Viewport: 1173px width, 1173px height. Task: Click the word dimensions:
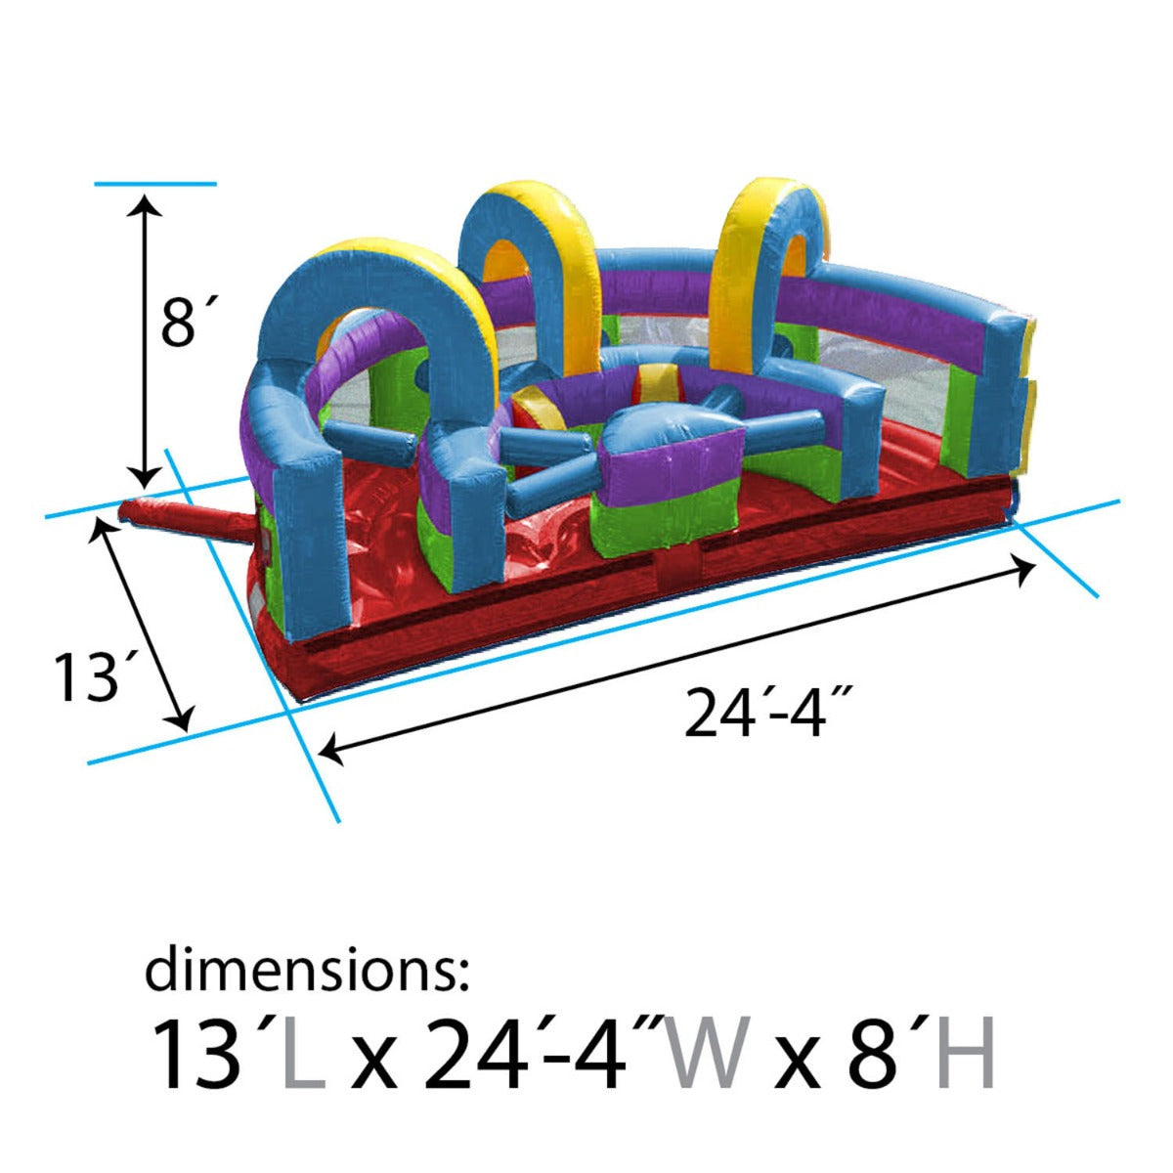point(308,971)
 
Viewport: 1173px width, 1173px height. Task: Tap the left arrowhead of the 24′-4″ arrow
point(330,751)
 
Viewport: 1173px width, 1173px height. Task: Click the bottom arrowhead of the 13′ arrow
point(181,721)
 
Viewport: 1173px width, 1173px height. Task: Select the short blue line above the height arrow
point(154,183)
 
